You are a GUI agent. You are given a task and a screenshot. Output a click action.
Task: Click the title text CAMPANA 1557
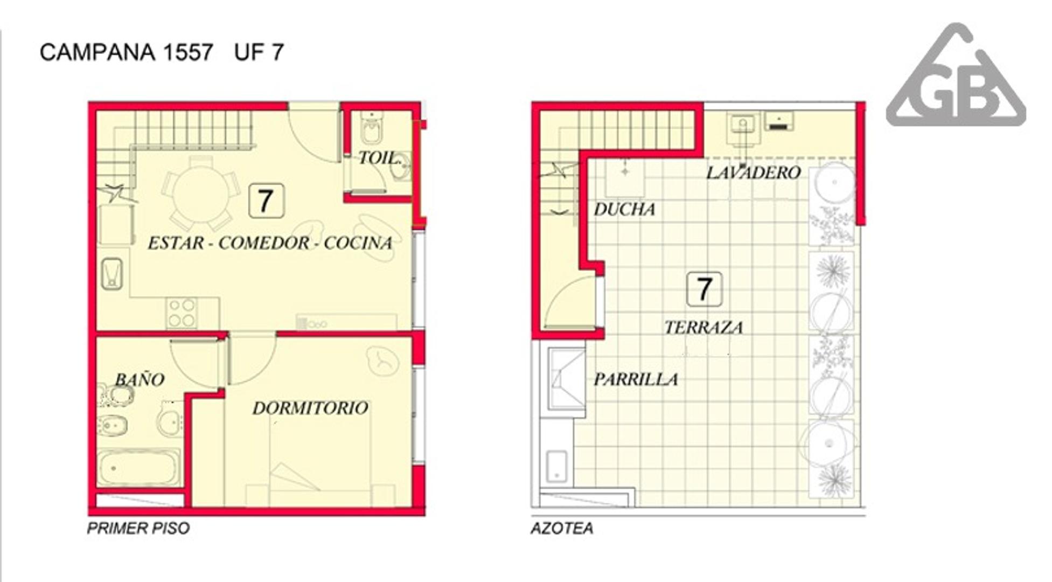[x=127, y=52]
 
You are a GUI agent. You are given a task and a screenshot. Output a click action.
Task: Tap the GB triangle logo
[x=956, y=75]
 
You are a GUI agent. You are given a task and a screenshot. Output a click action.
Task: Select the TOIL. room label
[x=380, y=158]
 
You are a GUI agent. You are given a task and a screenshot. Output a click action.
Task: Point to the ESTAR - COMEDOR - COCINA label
[x=270, y=243]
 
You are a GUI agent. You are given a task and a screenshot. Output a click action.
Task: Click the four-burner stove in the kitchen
[x=181, y=313]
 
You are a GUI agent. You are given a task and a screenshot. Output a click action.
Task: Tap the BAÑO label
[x=140, y=379]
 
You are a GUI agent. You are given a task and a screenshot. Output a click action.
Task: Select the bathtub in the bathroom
[x=138, y=468]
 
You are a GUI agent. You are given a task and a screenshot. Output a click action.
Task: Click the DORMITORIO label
[x=310, y=408]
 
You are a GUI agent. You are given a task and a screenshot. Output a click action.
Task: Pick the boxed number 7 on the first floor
[x=266, y=201]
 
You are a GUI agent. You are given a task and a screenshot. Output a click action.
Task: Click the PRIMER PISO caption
[x=138, y=528]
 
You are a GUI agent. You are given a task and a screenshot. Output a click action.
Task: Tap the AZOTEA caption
[x=562, y=528]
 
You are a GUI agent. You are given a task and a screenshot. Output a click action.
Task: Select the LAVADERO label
[x=753, y=173]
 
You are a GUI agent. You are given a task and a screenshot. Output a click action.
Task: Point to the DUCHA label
[x=624, y=209]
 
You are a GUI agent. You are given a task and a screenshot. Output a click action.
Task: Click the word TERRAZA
[x=703, y=327]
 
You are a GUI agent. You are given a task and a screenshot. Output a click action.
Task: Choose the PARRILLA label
[x=636, y=379]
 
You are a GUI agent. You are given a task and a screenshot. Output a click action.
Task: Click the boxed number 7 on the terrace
[x=705, y=289]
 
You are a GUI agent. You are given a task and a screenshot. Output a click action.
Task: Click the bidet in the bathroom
[x=113, y=426]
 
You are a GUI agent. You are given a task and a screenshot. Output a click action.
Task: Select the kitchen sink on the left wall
[x=112, y=274]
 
